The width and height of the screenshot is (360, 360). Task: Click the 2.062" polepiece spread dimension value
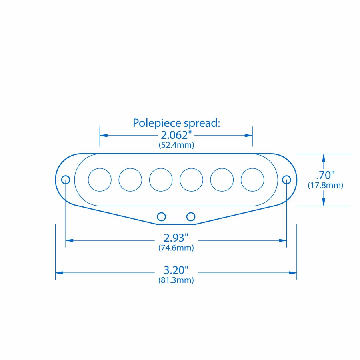coord(176,135)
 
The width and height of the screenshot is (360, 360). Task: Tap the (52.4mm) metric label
coord(176,145)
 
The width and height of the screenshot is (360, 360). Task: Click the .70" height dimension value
coord(325,175)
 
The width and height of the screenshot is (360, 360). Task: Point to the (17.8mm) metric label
coord(325,185)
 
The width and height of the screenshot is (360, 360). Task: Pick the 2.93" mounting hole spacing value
coord(176,238)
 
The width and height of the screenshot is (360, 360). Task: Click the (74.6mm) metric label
coord(176,248)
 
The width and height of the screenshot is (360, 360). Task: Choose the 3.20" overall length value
coord(176,270)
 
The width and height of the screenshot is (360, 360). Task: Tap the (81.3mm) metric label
coord(176,280)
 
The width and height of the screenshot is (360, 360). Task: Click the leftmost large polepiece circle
coord(100,180)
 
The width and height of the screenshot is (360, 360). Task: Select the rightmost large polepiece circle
coord(252,180)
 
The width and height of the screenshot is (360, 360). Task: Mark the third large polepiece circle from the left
coord(161,180)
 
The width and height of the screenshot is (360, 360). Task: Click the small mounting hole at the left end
coord(66,180)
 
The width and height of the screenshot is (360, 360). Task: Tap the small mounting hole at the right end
coord(286,180)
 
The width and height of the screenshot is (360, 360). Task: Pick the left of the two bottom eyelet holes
coord(161,216)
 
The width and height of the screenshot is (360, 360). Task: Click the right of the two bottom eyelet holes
coord(191,216)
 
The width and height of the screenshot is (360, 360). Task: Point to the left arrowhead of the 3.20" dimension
coord(59,272)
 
